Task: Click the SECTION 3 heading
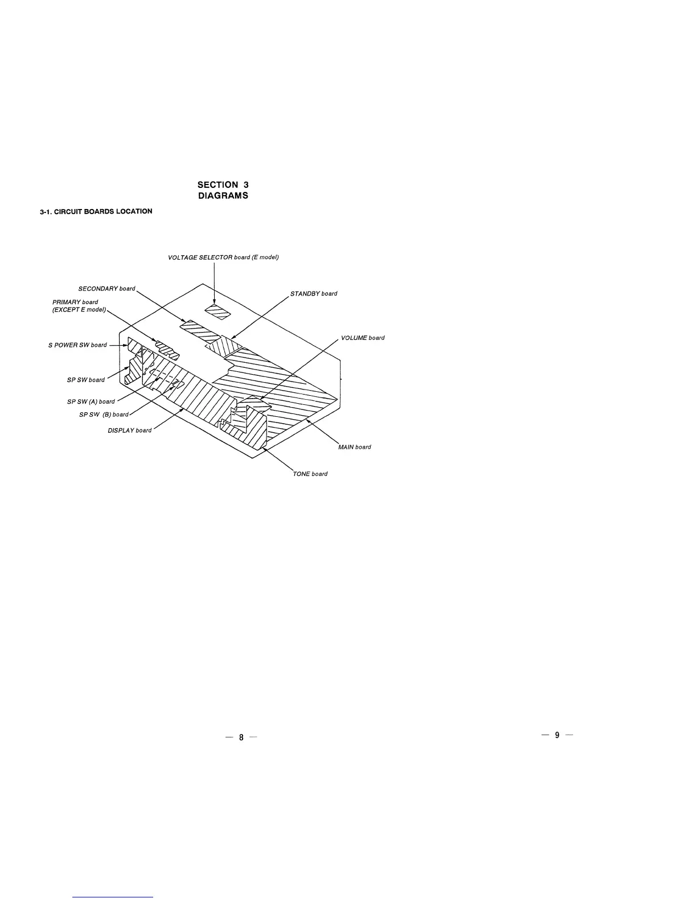pos(223,184)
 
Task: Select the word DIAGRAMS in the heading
pos(223,196)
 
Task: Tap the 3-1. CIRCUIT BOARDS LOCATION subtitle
pos(96,212)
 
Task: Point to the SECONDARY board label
pos(106,289)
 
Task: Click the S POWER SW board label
pos(77,345)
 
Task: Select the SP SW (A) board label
pos(91,401)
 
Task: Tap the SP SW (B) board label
pos(104,415)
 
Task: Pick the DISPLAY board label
pos(130,430)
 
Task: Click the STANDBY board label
pos(314,294)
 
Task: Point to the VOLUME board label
pos(363,338)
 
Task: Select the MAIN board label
pos(355,447)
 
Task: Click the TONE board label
pos(310,474)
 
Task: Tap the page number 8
pos(241,737)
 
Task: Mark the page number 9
pos(557,735)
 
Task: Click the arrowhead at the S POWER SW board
pos(125,345)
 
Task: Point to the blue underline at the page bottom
pos(113,897)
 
